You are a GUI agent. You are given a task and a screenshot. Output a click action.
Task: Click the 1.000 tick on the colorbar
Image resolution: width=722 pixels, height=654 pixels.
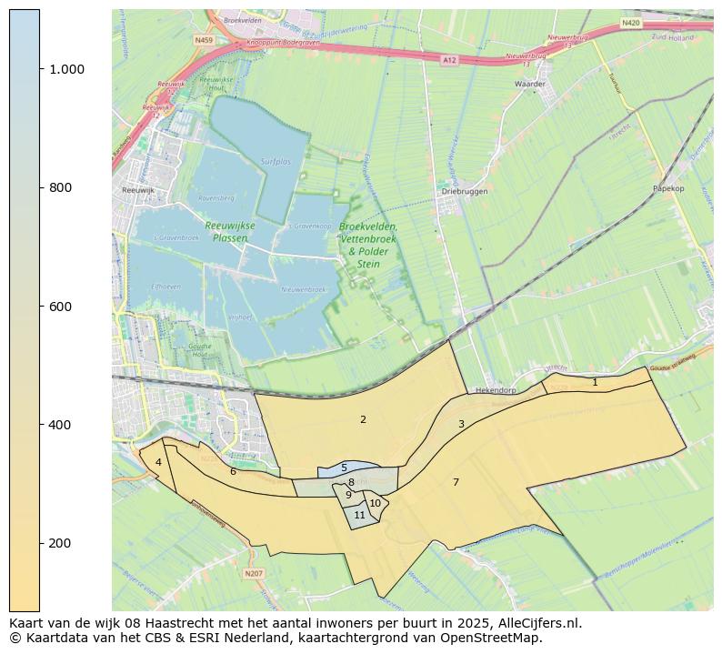click(65, 69)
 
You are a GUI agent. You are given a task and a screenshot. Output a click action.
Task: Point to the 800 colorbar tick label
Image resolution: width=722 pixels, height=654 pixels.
click(60, 187)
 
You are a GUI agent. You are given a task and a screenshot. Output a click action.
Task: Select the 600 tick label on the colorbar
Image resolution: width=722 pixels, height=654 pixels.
click(60, 307)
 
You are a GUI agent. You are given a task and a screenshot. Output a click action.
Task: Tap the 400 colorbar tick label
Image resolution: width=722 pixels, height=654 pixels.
click(60, 425)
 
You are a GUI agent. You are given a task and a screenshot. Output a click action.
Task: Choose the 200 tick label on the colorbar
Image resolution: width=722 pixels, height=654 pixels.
click(60, 543)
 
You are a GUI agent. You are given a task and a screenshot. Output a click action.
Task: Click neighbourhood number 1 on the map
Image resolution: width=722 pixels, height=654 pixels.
click(595, 383)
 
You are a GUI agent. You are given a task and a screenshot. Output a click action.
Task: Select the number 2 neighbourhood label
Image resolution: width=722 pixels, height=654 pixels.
click(363, 419)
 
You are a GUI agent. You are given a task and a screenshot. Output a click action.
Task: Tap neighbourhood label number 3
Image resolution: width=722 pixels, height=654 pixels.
click(461, 424)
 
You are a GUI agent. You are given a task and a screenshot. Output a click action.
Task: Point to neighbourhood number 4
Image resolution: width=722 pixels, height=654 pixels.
click(158, 462)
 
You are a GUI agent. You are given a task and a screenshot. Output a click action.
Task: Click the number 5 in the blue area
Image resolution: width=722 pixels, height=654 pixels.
click(344, 468)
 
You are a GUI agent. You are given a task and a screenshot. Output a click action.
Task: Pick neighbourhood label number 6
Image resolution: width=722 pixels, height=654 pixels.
click(233, 471)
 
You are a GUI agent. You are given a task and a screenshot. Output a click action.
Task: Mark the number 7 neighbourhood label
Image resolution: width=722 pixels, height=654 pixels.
click(456, 482)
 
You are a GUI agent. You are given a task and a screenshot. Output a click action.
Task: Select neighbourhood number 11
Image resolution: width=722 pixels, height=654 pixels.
click(359, 515)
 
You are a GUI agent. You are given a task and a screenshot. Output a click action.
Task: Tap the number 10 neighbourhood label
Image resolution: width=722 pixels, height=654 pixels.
click(375, 503)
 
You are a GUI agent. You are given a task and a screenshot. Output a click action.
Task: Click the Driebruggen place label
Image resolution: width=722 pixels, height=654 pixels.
click(465, 192)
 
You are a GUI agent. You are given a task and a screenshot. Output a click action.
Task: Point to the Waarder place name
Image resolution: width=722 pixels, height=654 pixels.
click(529, 84)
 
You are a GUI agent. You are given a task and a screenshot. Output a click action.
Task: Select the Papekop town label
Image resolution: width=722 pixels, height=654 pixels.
click(667, 188)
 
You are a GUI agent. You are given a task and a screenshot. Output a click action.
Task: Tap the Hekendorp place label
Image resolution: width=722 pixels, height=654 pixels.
click(496, 390)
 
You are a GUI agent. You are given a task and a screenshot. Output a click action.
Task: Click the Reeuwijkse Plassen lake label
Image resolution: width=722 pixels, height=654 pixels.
click(229, 231)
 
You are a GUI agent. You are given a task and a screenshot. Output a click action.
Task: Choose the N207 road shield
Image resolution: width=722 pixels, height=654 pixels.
click(254, 573)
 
